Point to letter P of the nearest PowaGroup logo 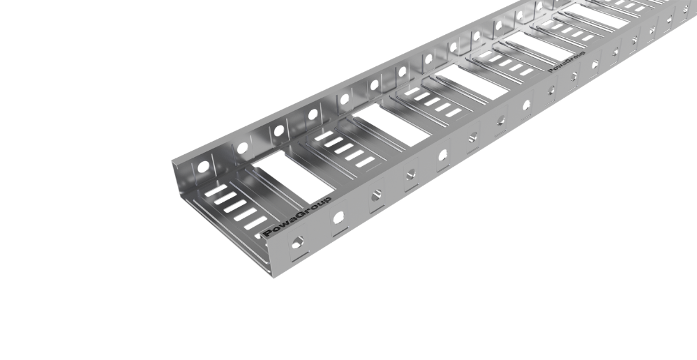click(x=269, y=233)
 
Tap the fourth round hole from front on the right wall click(x=412, y=173)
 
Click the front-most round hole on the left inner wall click(x=203, y=167)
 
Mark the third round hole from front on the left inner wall click(x=279, y=130)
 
